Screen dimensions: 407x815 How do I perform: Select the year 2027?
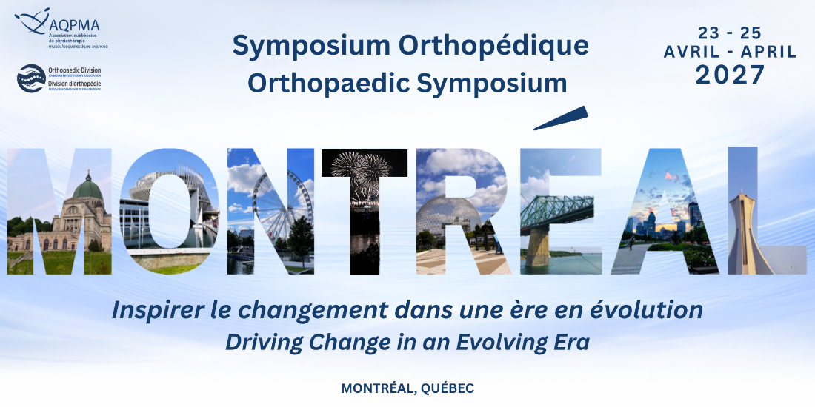[x=730, y=74]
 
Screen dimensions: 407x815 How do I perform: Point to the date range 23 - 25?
[x=730, y=33]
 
